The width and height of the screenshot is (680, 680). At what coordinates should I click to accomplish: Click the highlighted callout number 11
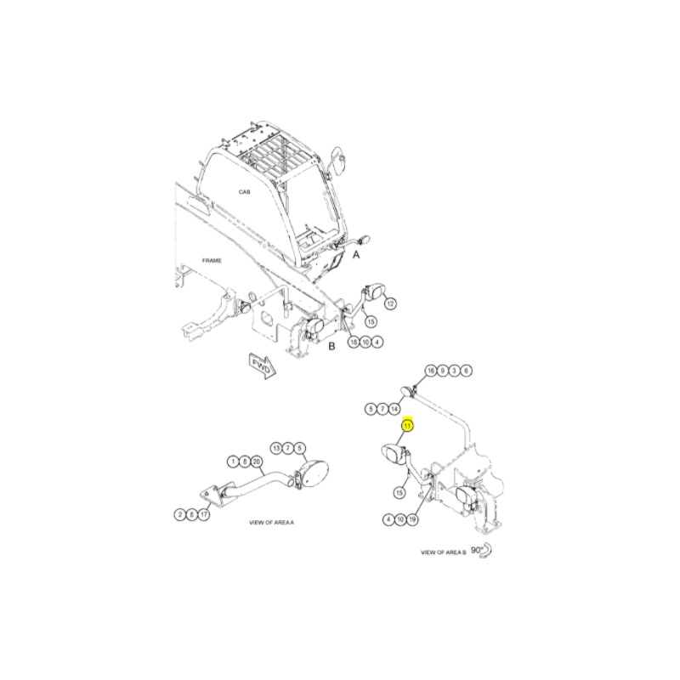point(407,426)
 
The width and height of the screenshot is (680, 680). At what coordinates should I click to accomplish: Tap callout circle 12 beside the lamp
point(390,303)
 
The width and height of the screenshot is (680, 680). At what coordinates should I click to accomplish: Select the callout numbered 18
point(354,343)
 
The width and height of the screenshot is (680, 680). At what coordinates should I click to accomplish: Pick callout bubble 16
point(430,371)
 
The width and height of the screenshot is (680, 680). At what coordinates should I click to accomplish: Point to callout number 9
point(442,371)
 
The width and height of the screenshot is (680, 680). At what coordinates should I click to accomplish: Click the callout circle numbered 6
point(466,371)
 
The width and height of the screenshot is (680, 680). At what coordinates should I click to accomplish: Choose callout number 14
point(394,409)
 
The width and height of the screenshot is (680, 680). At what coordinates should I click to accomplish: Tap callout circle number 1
point(233,462)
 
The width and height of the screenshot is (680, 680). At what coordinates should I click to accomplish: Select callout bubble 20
point(257,462)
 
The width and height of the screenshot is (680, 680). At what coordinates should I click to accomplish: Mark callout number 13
point(276,448)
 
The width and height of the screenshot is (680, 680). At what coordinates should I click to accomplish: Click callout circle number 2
point(180,515)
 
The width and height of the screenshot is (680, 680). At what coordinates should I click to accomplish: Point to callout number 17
point(204,515)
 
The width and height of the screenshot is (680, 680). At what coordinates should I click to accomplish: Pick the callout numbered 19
point(412,519)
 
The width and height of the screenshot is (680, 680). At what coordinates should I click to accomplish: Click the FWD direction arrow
point(263,366)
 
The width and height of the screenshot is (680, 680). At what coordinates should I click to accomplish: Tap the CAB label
point(244,192)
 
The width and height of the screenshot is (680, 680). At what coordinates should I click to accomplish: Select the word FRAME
point(212,261)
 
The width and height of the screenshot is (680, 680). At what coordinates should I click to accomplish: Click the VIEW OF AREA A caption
point(271,523)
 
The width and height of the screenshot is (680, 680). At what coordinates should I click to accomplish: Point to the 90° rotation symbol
point(481,550)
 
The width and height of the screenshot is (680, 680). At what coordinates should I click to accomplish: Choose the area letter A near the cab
point(356,255)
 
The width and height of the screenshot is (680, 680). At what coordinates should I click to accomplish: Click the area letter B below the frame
point(331,347)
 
